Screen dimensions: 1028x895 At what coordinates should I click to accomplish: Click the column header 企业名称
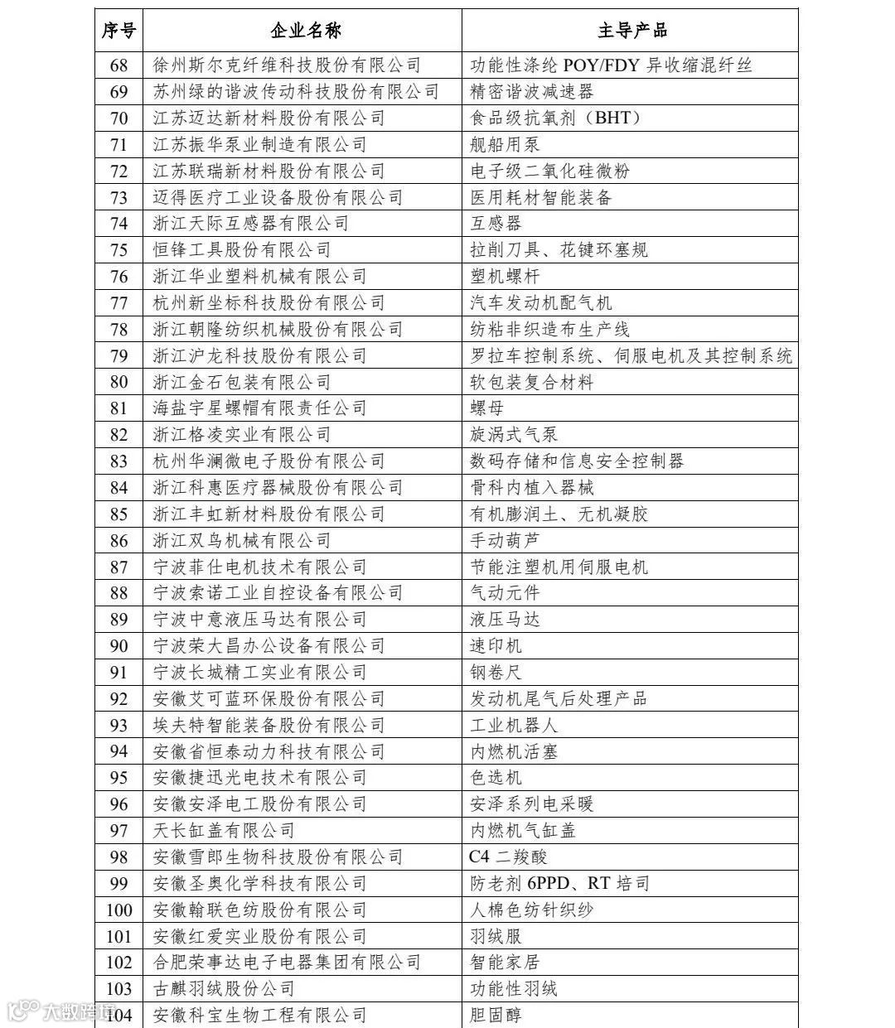point(305,31)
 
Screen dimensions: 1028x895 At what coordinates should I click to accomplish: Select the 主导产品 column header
point(631,31)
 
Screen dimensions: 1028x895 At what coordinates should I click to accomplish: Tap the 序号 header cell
point(119,31)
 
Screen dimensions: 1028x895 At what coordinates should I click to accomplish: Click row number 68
point(119,65)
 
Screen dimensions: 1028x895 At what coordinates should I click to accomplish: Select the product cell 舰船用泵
point(505,144)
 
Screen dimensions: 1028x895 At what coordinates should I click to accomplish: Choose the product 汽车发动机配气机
point(541,303)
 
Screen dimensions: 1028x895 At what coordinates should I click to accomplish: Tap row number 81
point(119,408)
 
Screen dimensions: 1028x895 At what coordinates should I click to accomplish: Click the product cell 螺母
point(486,408)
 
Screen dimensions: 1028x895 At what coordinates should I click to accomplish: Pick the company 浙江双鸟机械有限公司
point(242,541)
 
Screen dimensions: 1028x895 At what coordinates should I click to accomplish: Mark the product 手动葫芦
point(505,541)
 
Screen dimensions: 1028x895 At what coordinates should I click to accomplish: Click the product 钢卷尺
point(496,673)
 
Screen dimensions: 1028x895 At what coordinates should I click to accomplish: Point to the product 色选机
point(496,778)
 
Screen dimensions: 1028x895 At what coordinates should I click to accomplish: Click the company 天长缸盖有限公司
point(224,831)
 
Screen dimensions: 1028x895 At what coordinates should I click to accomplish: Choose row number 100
point(119,910)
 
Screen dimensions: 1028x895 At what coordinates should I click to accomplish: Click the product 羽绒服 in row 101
point(496,937)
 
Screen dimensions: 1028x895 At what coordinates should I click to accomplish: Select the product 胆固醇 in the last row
point(496,1016)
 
